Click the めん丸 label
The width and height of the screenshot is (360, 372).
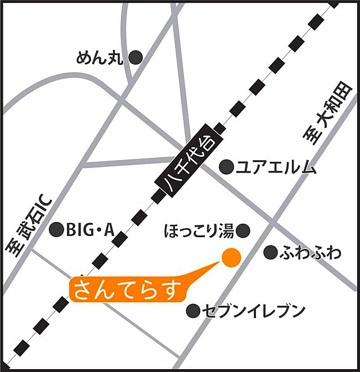coord(100,58)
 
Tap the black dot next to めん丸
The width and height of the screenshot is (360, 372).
coord(136,57)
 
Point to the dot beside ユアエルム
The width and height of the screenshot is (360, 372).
coord(226,166)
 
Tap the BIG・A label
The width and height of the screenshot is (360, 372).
coord(90,229)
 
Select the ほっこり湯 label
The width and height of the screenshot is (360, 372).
coord(199,230)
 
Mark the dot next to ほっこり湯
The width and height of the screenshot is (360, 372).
coord(243,230)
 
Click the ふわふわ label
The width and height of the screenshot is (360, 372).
coord(310,253)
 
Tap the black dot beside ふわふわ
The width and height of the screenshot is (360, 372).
coord(271,252)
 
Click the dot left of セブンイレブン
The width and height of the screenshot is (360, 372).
coord(193,310)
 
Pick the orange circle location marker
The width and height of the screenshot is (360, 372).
coord(231,257)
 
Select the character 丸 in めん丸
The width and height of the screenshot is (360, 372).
coord(115,58)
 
